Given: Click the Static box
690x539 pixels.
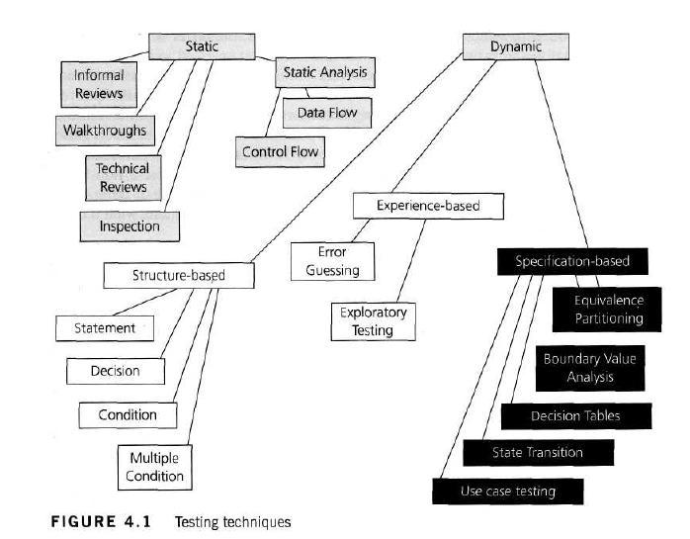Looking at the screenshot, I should (202, 45).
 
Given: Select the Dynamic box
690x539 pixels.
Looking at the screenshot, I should (516, 45).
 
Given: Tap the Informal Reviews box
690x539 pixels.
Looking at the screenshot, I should (99, 84).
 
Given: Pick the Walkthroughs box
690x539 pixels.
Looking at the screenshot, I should (104, 130).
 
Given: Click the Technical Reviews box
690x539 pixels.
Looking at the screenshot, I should (123, 177).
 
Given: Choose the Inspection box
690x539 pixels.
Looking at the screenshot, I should (129, 225).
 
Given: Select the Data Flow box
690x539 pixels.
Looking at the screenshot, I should (326, 113).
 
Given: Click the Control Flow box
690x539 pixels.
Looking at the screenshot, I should (282, 152).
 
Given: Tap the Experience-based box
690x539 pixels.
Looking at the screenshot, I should (428, 206).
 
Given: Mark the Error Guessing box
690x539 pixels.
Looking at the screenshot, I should (332, 261).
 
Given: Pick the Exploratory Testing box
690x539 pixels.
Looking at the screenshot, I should (374, 322).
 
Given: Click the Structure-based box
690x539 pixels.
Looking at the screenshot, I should (179, 275).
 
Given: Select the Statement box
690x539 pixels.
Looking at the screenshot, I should (104, 327).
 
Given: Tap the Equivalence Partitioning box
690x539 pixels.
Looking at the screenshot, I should (609, 309).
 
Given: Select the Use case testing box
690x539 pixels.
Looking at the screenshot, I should (508, 491).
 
